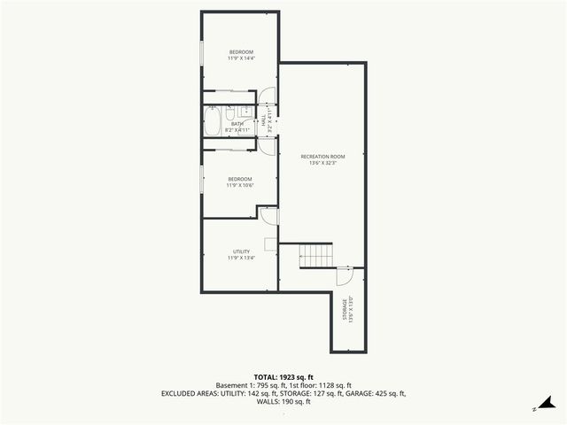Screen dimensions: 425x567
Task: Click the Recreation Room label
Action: [x=322, y=157]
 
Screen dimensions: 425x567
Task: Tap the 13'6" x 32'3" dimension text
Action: [x=322, y=163]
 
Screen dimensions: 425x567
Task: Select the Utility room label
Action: [x=242, y=252]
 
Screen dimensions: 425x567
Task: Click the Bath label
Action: [x=237, y=124]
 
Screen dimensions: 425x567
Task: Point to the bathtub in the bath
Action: [x=213, y=122]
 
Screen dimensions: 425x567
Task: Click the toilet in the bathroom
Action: [x=229, y=113]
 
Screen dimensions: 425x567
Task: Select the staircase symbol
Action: [x=315, y=256]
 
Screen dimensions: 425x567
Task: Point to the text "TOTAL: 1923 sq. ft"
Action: [x=283, y=377]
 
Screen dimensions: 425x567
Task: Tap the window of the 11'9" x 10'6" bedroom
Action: [x=202, y=176]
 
